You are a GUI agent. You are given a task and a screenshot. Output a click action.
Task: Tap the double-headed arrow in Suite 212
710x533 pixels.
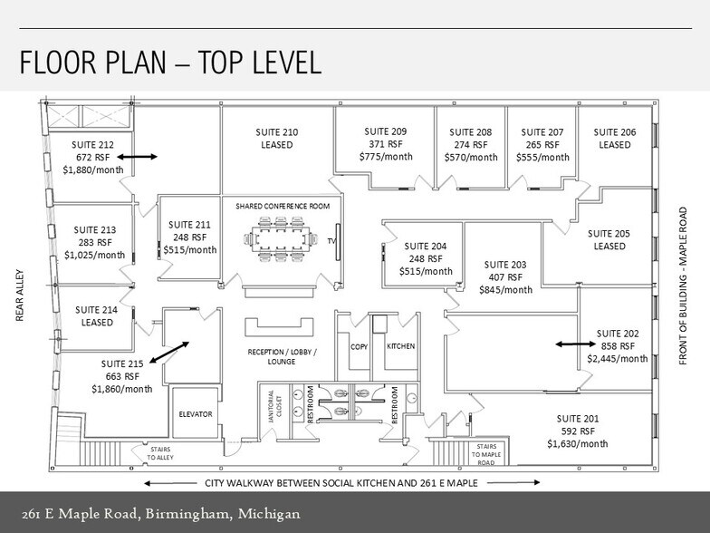[x=138, y=157]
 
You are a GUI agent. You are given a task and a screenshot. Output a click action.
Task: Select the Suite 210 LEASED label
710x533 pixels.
[x=278, y=145]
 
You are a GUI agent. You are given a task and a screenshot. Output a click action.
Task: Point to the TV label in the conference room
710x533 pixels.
[x=331, y=241]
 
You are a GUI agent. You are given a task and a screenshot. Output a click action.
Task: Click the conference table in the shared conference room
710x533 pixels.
[x=283, y=241]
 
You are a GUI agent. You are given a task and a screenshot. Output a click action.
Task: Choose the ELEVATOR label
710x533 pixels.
[x=195, y=414]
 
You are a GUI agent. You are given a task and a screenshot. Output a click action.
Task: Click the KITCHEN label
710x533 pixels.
[x=400, y=346]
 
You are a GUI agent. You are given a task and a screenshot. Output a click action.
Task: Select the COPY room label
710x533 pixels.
[x=359, y=346]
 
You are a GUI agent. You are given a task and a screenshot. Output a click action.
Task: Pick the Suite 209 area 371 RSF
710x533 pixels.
[x=385, y=144]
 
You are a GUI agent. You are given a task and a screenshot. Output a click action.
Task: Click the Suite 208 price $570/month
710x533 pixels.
[x=470, y=157]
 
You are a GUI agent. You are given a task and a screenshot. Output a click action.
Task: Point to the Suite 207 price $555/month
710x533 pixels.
[x=542, y=157]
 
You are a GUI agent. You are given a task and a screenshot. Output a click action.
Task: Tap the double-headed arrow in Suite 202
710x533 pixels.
[x=573, y=344]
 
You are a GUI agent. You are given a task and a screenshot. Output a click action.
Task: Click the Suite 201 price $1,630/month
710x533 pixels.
[x=578, y=444]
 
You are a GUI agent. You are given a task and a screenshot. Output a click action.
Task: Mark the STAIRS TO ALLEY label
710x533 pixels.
[x=159, y=451]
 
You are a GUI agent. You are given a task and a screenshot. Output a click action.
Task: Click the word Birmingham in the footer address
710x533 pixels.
[x=187, y=515]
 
